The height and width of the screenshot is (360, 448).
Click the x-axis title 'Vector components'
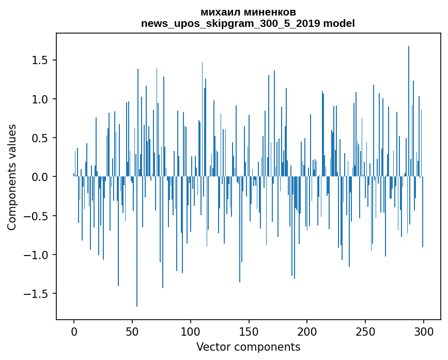(248, 347)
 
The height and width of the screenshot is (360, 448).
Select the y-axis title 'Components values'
(12, 177)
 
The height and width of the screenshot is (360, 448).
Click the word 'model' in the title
(339, 23)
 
